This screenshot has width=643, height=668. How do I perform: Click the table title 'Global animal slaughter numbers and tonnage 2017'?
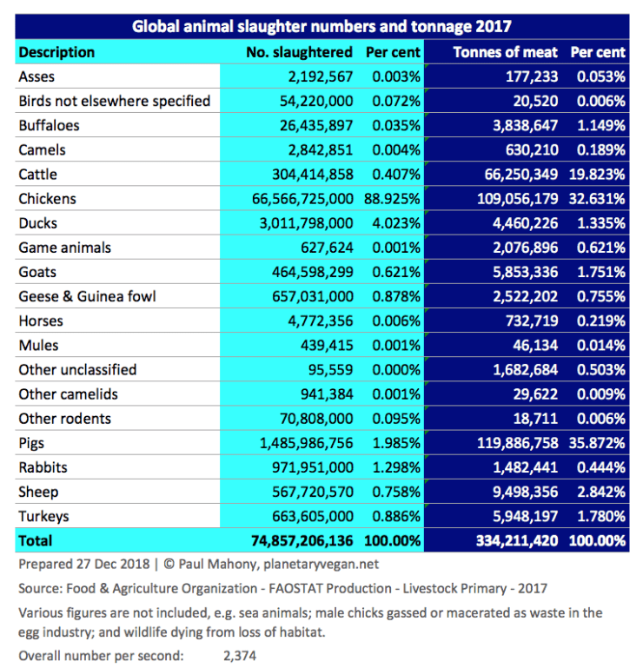321,26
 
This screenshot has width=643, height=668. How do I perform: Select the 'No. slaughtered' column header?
300,52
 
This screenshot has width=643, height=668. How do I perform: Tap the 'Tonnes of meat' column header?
505,52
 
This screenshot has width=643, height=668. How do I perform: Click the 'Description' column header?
56,52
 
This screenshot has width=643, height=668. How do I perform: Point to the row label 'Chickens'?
47,199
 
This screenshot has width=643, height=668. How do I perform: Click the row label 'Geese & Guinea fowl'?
87,296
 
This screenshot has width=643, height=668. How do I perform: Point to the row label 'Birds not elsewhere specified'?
114,102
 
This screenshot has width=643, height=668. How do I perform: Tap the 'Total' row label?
36,540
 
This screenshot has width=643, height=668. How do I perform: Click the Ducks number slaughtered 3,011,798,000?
302,223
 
